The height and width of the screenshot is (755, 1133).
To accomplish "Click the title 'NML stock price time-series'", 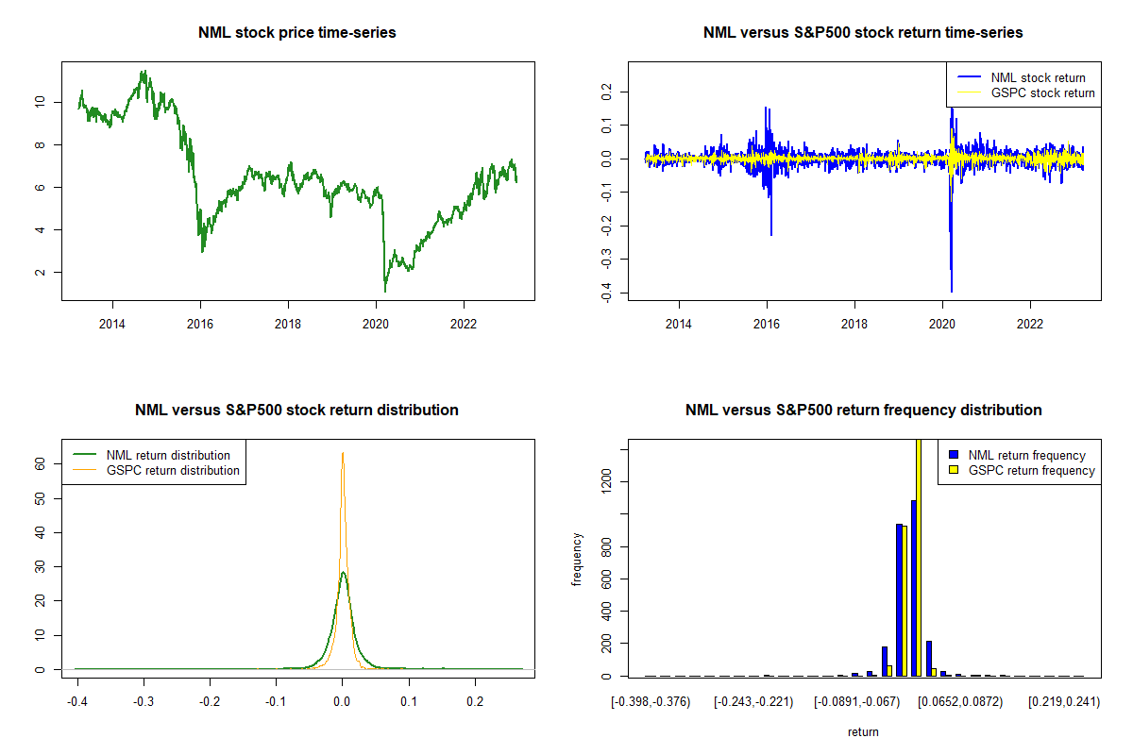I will click(297, 33).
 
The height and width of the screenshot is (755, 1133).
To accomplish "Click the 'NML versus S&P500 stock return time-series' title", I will click(863, 33).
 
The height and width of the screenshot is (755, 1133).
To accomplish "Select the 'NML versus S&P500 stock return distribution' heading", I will click(297, 411).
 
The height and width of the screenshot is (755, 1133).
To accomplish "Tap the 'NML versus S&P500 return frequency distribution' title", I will click(863, 411).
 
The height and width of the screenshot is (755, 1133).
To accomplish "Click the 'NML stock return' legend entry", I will click(1038, 77).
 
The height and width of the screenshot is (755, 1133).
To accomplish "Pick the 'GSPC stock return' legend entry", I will click(1042, 92).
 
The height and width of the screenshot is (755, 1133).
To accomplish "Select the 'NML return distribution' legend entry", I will click(168, 455).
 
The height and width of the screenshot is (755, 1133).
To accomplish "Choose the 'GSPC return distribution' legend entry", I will click(173, 470).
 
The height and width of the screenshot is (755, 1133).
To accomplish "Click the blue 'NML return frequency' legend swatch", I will click(954, 455).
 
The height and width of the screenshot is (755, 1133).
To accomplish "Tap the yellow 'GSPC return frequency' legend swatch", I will click(954, 470).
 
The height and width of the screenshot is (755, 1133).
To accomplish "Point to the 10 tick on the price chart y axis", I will click(41, 102).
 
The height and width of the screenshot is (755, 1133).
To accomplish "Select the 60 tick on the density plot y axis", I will click(41, 463).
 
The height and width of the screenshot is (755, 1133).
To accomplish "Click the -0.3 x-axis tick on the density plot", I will click(144, 701).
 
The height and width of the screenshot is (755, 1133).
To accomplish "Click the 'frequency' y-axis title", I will click(577, 560).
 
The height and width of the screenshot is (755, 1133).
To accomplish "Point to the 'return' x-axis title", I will click(863, 731).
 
